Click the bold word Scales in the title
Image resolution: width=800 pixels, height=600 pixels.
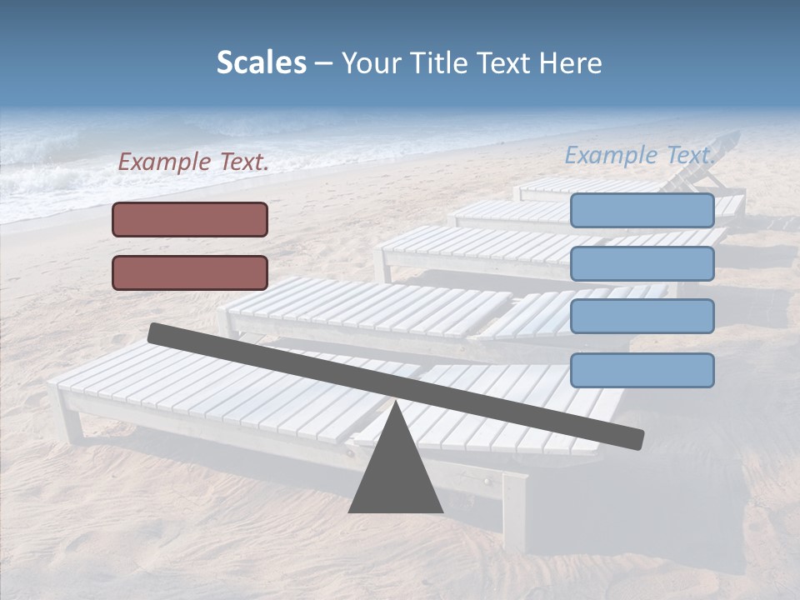pyautogui.click(x=261, y=62)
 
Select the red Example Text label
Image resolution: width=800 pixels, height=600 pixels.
pyautogui.click(x=193, y=162)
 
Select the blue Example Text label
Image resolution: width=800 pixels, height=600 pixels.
pyautogui.click(x=640, y=155)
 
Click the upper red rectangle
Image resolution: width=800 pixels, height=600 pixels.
pyautogui.click(x=190, y=219)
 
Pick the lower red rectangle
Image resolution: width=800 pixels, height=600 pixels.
pyautogui.click(x=190, y=272)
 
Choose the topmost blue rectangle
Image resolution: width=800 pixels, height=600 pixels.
pyautogui.click(x=642, y=211)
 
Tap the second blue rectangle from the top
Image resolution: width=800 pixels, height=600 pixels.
pyautogui.click(x=642, y=263)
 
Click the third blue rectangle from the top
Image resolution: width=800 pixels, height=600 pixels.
pyautogui.click(x=642, y=317)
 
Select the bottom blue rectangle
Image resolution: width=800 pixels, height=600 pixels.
pyautogui.click(x=642, y=370)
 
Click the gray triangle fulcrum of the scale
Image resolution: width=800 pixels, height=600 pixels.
pyautogui.click(x=395, y=471)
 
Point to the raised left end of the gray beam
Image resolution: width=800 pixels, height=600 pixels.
pyautogui.click(x=157, y=332)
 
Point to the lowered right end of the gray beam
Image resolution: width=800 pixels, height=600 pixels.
pyautogui.click(x=634, y=438)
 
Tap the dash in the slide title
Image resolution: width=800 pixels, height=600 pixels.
pyautogui.click(x=324, y=63)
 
